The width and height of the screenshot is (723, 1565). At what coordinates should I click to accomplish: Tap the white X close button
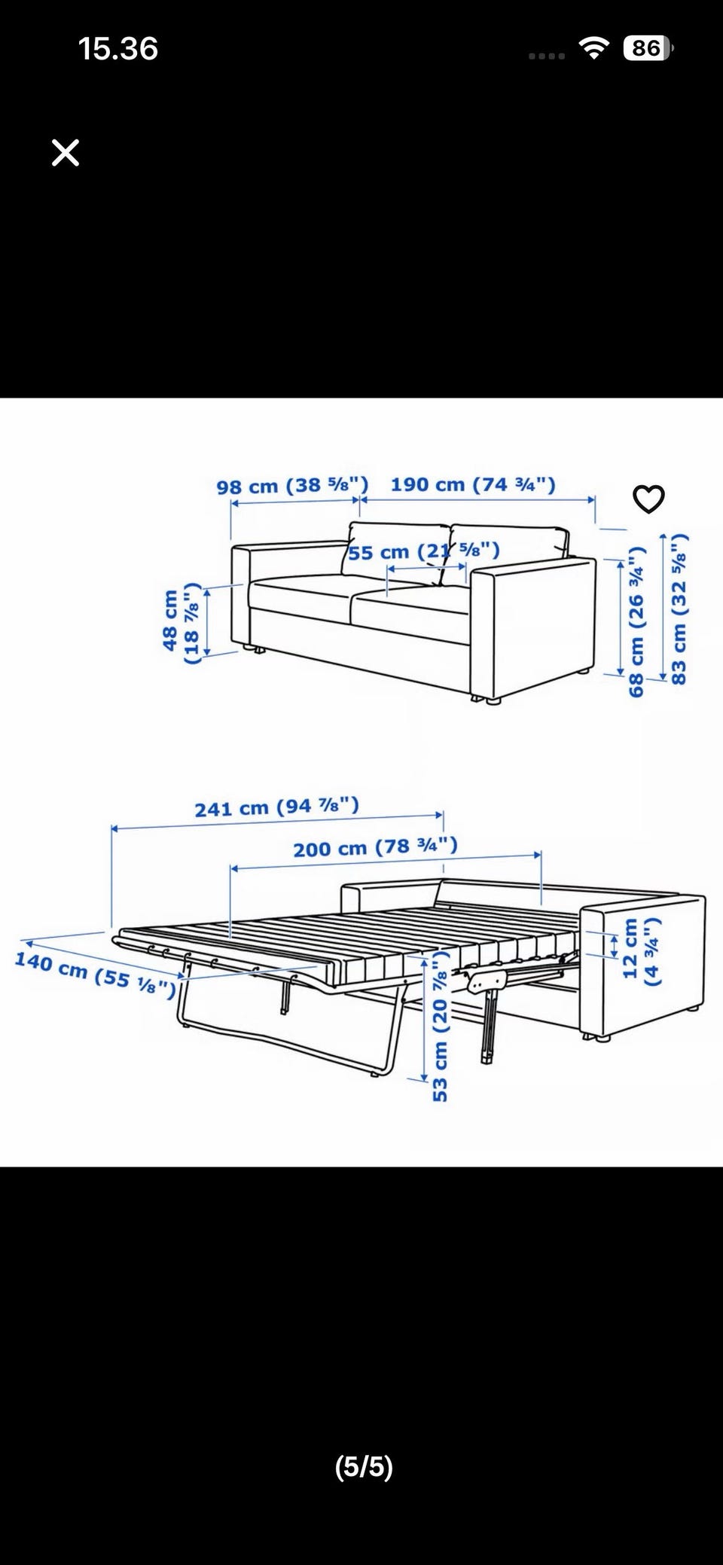pyautogui.click(x=66, y=153)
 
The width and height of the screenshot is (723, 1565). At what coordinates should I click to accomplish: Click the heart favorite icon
pyautogui.click(x=648, y=499)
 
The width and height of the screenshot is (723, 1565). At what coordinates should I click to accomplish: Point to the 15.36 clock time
pyautogui.click(x=118, y=49)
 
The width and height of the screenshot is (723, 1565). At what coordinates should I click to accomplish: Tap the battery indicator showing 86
pyautogui.click(x=648, y=49)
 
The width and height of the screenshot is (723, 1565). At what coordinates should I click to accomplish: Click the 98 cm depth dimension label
pyautogui.click(x=292, y=486)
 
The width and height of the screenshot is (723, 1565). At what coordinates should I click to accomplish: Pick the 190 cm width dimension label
pyautogui.click(x=473, y=484)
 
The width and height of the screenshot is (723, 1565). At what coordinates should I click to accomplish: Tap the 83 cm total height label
pyautogui.click(x=679, y=609)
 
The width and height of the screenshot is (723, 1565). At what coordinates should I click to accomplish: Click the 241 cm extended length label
pyautogui.click(x=277, y=807)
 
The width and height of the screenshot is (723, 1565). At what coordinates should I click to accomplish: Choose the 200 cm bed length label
pyautogui.click(x=375, y=847)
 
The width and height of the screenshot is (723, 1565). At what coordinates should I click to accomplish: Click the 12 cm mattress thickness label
pyautogui.click(x=642, y=951)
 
